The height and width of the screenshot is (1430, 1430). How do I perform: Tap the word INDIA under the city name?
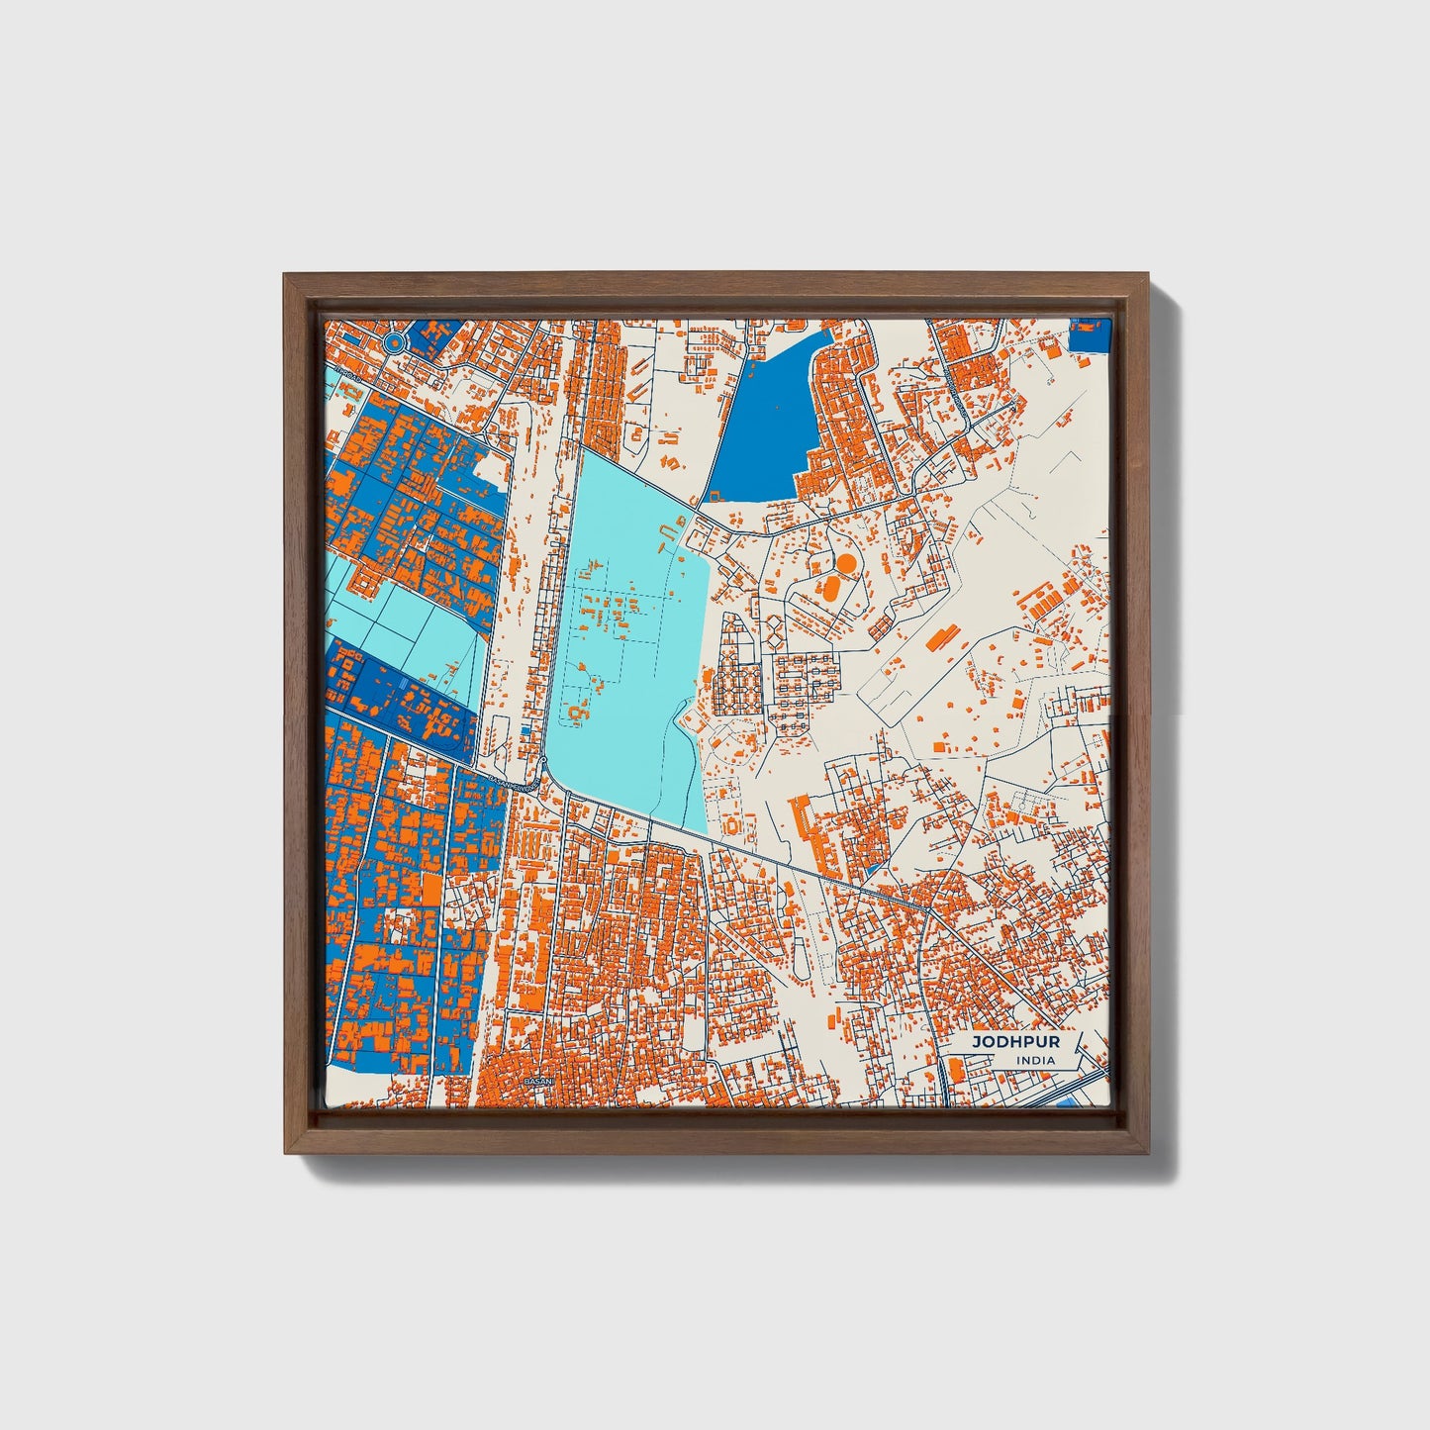click(x=1034, y=1060)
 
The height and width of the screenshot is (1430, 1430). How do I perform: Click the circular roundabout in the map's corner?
click(x=394, y=342)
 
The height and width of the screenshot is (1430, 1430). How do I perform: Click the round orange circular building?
click(x=846, y=562)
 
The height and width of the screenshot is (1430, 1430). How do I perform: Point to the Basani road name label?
click(x=510, y=783)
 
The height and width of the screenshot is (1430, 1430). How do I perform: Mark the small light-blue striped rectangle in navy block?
click(x=407, y=687)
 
